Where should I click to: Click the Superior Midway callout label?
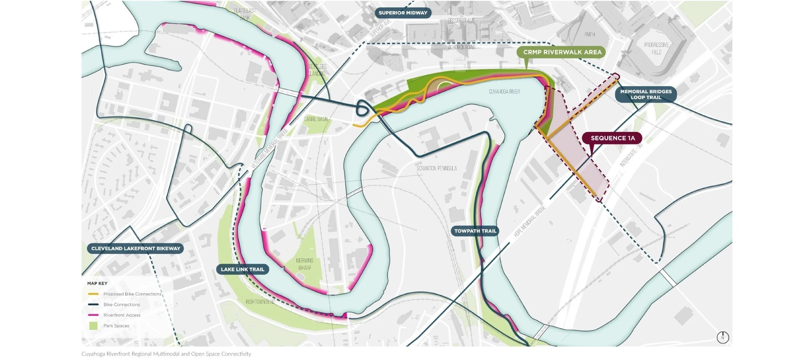pyautogui.click(x=403, y=13)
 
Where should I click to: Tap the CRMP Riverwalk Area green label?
pyautogui.click(x=562, y=52)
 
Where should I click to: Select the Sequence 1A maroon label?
pyautogui.click(x=612, y=138)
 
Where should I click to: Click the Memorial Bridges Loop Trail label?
pyautogui.click(x=646, y=94)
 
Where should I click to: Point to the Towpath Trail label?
pyautogui.click(x=475, y=231)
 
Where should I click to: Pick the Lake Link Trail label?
pyautogui.click(x=242, y=269)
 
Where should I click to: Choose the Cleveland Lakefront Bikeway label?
pyautogui.click(x=136, y=248)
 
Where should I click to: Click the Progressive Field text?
pyautogui.click(x=656, y=48)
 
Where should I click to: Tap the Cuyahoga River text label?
pyautogui.click(x=504, y=92)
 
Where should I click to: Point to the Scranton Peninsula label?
pyautogui.click(x=437, y=168)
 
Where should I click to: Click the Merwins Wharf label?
pyautogui.click(x=304, y=264)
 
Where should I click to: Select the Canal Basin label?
pyautogui.click(x=316, y=119)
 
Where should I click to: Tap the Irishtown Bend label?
pyautogui.click(x=260, y=302)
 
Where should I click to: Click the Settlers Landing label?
pyautogui.click(x=317, y=70)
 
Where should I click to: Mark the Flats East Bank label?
pyautogui.click(x=245, y=14)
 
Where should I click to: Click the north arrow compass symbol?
pyautogui.click(x=723, y=337)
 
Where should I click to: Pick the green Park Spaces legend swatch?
pyautogui.click(x=93, y=326)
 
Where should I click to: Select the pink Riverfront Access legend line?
pyautogui.click(x=93, y=315)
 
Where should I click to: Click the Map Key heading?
pyautogui.click(x=97, y=283)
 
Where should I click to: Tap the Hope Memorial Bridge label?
pyautogui.click(x=530, y=221)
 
